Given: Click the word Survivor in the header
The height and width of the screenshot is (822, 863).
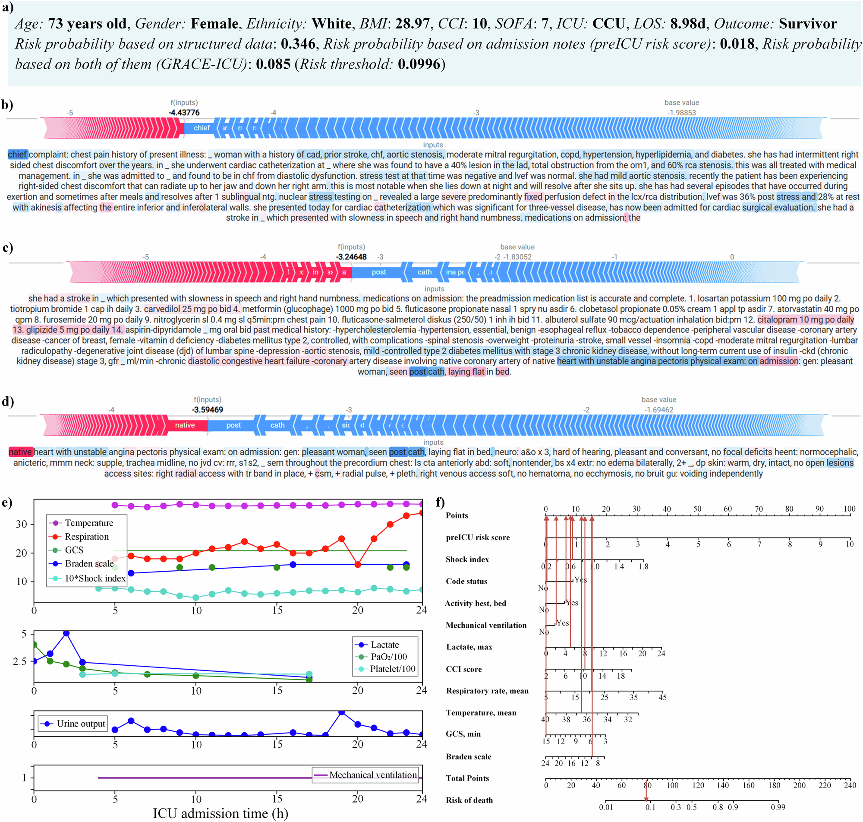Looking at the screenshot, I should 808,24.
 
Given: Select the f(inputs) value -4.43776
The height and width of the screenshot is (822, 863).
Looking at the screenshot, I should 184,113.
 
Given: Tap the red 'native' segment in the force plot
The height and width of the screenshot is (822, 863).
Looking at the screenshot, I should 185,425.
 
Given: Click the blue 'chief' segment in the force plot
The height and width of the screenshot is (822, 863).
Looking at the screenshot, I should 202,128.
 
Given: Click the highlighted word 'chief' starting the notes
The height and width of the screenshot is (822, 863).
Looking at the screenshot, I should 18,154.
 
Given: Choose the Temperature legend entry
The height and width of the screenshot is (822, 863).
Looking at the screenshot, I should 88,523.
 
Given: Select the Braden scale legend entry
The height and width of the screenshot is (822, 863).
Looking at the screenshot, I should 89,563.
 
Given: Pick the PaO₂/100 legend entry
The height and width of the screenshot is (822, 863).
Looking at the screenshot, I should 388,656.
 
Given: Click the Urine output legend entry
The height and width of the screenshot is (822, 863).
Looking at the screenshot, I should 81,724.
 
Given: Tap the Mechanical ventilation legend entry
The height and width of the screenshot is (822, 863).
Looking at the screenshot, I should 373,775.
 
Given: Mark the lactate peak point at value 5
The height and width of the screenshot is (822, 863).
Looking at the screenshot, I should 66,634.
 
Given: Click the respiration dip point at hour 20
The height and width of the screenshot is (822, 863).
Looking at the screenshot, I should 358,564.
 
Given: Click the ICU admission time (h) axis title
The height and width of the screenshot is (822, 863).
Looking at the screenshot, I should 220,813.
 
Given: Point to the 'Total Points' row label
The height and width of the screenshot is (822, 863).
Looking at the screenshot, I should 467,778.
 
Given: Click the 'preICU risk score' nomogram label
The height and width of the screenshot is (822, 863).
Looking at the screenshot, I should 478,537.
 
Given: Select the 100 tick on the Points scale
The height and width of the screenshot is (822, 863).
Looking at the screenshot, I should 849,509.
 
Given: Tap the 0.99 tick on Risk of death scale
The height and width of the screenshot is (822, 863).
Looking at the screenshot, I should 778,807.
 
